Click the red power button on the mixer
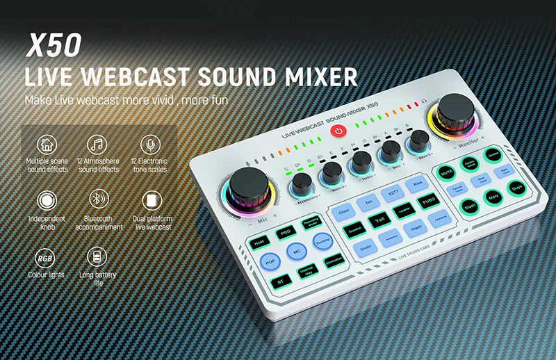click(x=338, y=131)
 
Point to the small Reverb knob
click(x=419, y=141)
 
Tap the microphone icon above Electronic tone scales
click(x=148, y=145)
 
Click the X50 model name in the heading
click(x=54, y=44)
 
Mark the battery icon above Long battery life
click(x=97, y=256)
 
